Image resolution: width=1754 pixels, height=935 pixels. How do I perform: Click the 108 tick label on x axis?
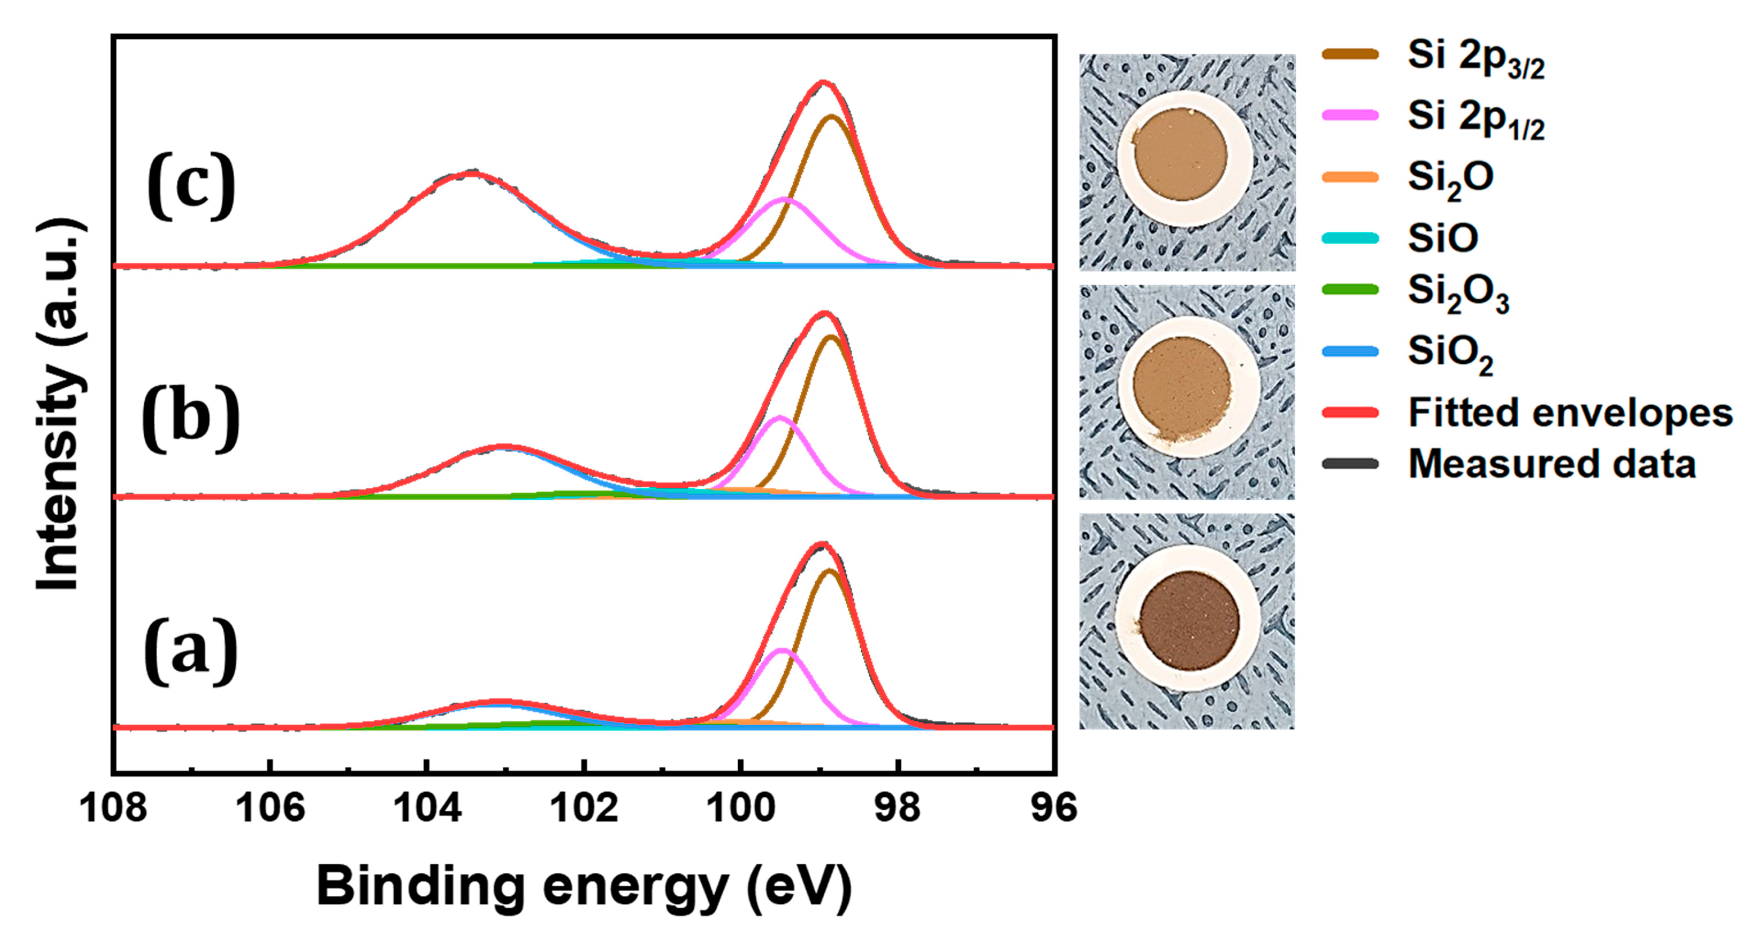(x=113, y=808)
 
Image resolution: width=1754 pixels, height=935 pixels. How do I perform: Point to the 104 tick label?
(x=427, y=808)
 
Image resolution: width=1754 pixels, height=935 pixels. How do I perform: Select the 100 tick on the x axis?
(x=741, y=808)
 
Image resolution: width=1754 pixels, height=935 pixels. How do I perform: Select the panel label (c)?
(x=191, y=185)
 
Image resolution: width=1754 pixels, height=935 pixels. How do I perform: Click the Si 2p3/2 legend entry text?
(x=1475, y=59)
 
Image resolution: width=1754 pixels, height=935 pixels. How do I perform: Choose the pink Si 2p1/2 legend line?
(x=1350, y=116)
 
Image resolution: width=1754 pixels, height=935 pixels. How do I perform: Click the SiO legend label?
(x=1442, y=238)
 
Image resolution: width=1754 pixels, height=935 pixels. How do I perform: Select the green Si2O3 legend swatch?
(x=1350, y=290)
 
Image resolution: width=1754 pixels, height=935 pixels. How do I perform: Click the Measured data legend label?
(x=1551, y=464)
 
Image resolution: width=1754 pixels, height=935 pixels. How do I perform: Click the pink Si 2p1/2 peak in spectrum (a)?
(x=784, y=651)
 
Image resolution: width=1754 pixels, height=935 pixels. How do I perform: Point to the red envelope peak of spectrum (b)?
(x=824, y=314)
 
